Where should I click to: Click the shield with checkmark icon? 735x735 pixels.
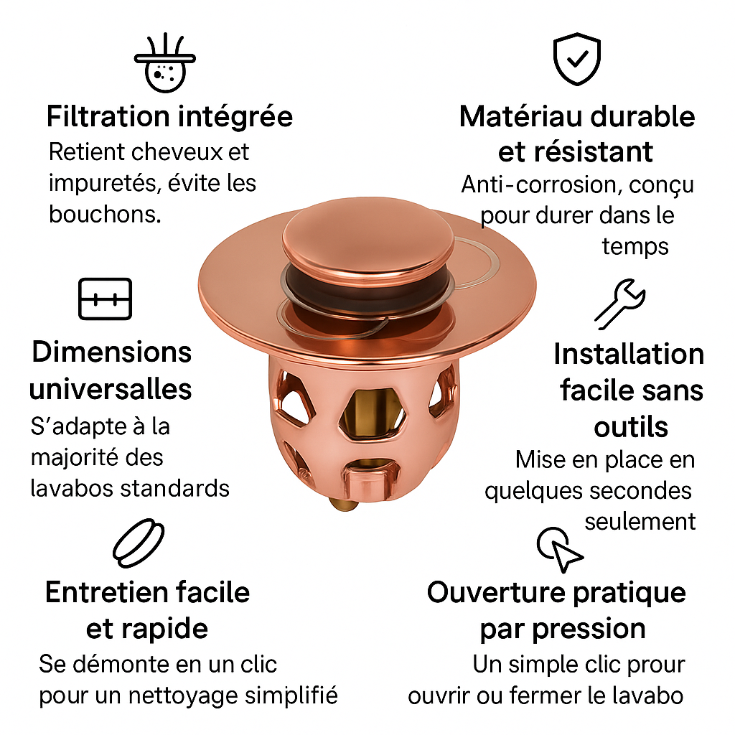(577, 59)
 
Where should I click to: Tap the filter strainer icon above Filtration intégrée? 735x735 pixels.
(165, 62)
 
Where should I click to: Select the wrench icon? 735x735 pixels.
(620, 304)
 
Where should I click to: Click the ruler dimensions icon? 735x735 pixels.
(105, 299)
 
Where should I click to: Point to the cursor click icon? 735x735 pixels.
(560, 550)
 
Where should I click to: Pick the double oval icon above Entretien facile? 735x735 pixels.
(139, 543)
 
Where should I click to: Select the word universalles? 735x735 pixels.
(111, 389)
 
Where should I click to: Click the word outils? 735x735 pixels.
(631, 427)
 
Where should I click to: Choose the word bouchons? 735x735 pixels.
(105, 214)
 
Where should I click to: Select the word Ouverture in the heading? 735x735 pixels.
(496, 592)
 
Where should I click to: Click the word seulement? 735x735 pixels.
(640, 522)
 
